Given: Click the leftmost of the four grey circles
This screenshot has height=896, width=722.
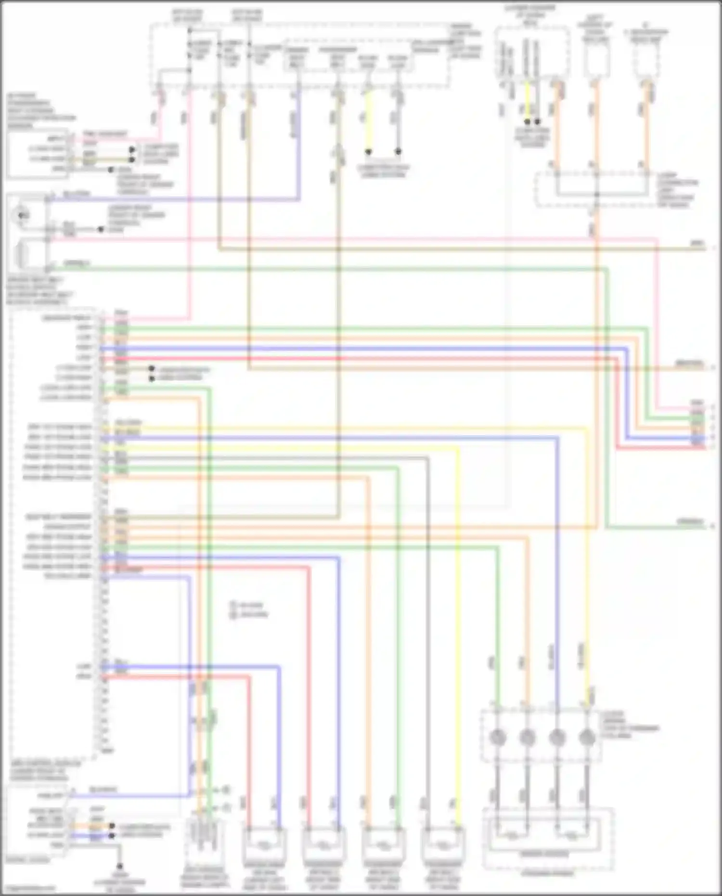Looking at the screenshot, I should pos(498,737).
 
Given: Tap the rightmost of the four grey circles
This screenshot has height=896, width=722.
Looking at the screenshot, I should pos(587,737).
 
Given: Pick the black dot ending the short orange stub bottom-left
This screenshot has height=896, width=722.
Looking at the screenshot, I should pos(112,826).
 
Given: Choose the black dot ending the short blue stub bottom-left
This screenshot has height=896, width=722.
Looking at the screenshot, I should pos(112,836).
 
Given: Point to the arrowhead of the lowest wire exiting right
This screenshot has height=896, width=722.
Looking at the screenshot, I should pos(712,527).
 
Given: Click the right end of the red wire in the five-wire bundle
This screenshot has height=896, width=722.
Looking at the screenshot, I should pos(712,447).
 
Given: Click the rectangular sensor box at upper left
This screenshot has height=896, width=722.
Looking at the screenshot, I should pos(38,154).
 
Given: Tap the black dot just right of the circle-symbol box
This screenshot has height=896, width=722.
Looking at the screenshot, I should pos(101,230).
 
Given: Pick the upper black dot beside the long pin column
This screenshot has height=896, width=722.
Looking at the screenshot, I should pos(152,369).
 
